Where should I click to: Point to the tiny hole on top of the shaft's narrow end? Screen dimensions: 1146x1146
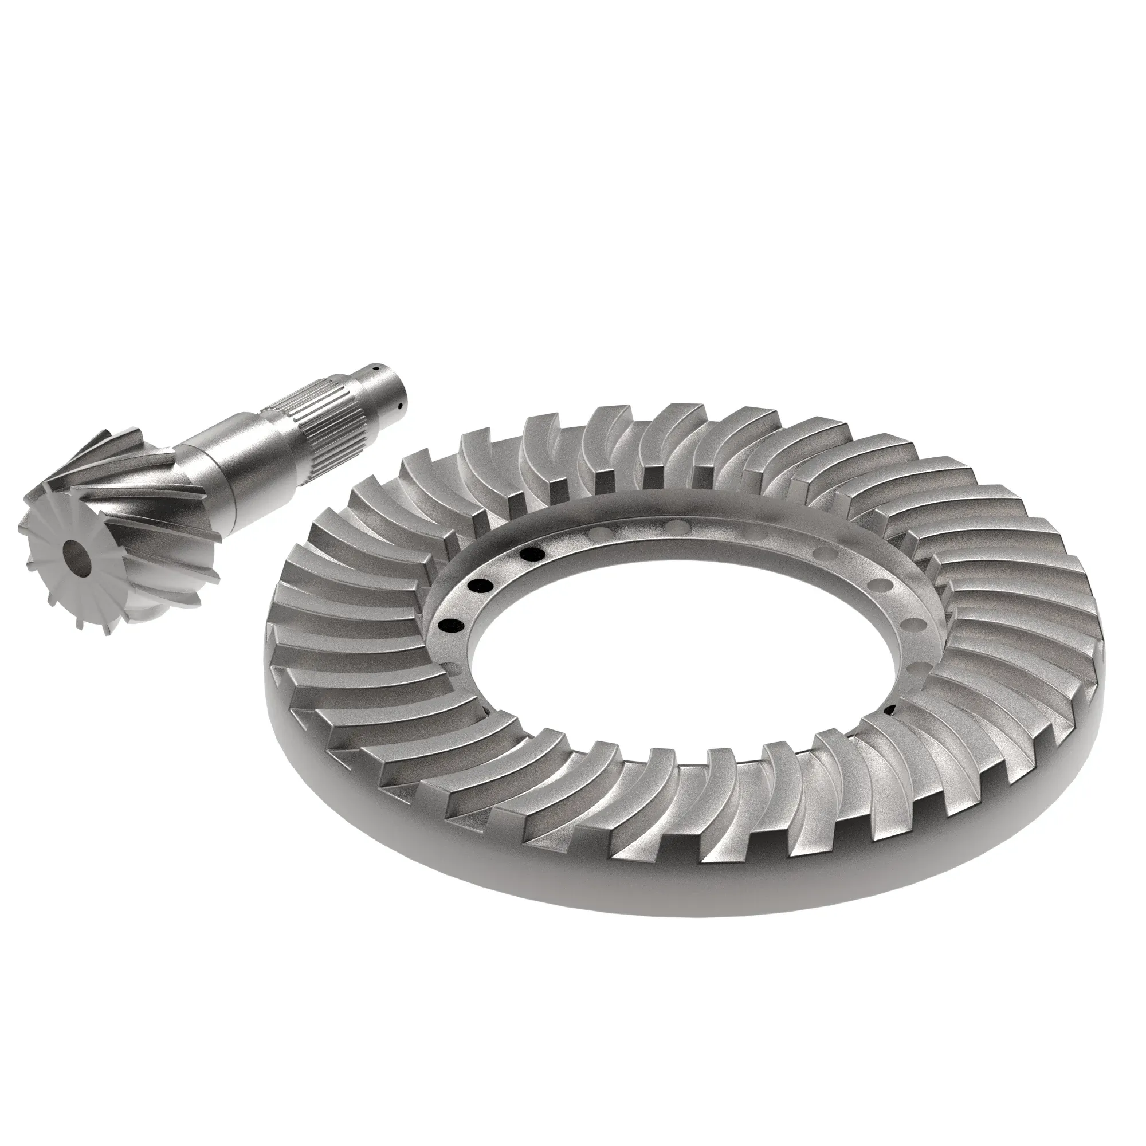(376, 368)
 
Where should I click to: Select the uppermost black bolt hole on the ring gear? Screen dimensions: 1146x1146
(532, 554)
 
